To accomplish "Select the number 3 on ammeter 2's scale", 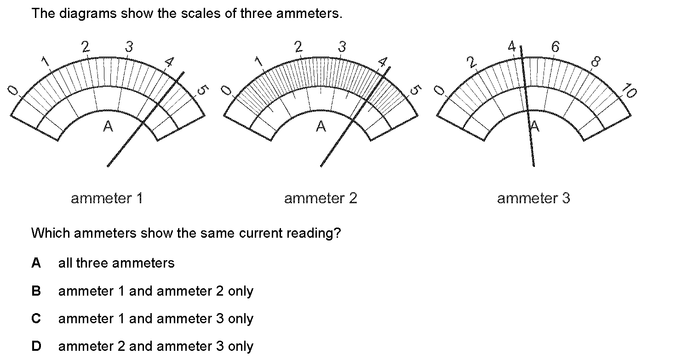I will click(342, 46).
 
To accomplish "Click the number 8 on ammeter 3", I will click(596, 61).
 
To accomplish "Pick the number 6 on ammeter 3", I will click(555, 46).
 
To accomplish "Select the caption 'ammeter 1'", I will click(107, 199).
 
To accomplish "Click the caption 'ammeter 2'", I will click(320, 199).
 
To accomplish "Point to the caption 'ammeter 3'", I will click(533, 199).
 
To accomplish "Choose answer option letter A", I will click(36, 263).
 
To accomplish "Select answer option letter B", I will click(36, 291).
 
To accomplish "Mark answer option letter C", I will click(36, 319).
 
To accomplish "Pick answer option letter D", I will click(36, 346).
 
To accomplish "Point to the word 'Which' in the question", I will click(51, 233).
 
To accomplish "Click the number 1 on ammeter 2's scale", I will click(258, 61).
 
